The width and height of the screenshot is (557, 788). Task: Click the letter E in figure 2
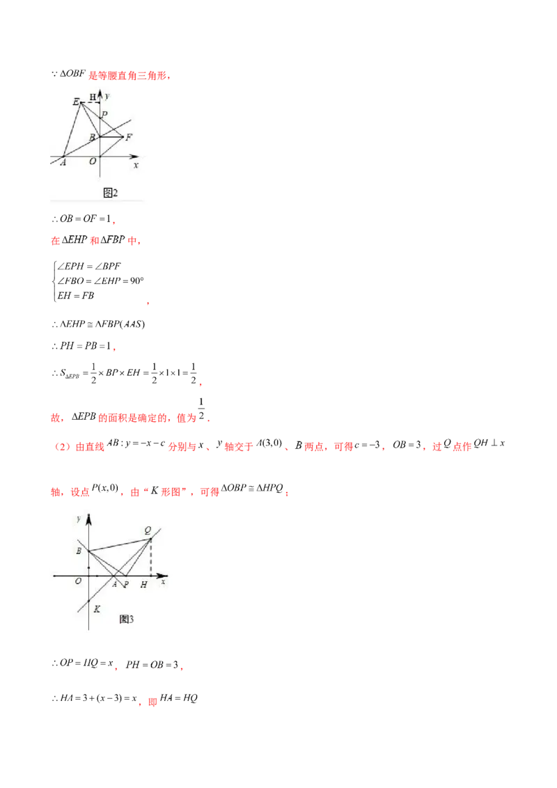(76, 102)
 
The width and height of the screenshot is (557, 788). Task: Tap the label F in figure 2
(129, 136)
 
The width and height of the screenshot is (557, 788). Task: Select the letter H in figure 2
(93, 97)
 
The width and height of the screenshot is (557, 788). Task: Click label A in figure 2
(63, 162)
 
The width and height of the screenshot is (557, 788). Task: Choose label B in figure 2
(92, 138)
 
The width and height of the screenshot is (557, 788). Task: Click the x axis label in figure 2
(136, 165)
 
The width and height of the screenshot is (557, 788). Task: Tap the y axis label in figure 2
(107, 94)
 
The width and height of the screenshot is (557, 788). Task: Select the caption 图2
(111, 192)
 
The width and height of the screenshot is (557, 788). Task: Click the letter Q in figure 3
(148, 530)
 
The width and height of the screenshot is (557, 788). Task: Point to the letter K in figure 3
(97, 608)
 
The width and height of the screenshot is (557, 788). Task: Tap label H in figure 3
(143, 585)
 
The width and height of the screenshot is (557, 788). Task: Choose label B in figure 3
(79, 551)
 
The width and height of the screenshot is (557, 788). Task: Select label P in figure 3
(126, 585)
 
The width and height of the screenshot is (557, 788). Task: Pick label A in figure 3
(114, 585)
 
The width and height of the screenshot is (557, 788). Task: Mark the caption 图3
(126, 619)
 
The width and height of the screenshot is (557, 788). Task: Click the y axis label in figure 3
(79, 519)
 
